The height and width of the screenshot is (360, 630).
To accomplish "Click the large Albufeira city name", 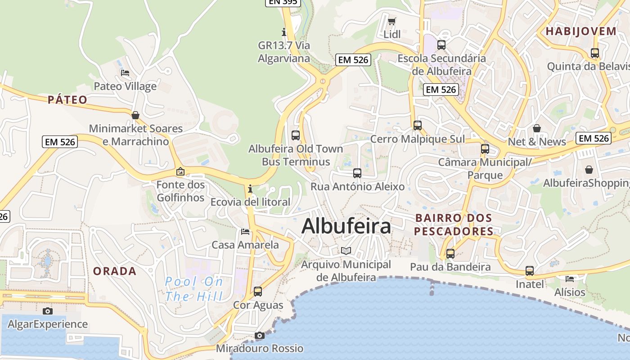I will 346,226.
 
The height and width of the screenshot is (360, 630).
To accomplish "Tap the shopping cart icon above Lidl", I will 392,21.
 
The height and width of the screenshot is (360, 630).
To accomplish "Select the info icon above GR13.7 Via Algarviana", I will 284,32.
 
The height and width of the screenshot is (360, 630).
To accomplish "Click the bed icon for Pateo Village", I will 125,73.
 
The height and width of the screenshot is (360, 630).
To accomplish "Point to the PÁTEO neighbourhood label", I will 67,100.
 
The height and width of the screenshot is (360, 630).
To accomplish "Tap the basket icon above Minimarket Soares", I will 135,116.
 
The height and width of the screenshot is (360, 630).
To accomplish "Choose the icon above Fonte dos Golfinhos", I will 180,171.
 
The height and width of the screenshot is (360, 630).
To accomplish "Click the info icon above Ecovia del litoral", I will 250,189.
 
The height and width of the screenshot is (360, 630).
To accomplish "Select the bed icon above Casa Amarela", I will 245,232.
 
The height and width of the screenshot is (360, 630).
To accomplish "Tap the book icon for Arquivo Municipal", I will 346,251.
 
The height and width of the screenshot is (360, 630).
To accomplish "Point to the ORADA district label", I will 115,271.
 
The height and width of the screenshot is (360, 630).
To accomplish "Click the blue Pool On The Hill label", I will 194,289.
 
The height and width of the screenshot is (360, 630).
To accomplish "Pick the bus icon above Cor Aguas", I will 258,292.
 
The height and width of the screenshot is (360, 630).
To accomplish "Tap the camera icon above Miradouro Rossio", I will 259,335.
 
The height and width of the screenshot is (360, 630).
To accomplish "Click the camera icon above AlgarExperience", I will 48,311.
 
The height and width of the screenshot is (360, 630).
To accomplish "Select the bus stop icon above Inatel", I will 530,271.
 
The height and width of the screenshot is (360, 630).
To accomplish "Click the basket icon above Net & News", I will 537,129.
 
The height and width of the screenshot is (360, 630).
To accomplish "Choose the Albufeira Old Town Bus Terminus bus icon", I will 296,135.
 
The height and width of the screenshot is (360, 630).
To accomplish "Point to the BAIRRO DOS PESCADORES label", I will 454,225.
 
